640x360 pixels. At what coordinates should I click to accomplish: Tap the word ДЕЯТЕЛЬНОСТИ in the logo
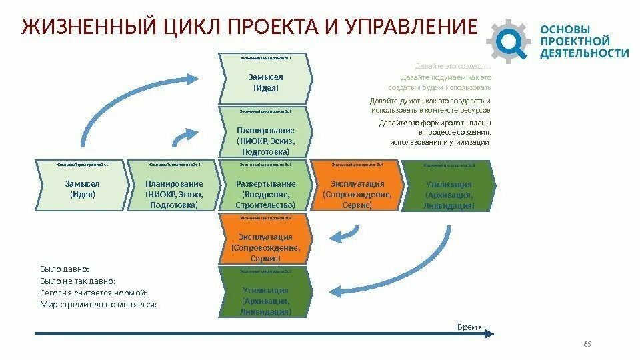coord(584,53)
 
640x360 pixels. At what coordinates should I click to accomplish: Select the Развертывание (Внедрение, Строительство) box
coord(265,194)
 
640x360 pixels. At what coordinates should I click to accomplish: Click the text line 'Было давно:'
coord(65,269)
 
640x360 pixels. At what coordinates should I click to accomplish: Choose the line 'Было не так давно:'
coord(78,281)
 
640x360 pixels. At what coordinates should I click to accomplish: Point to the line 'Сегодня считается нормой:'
coord(93,293)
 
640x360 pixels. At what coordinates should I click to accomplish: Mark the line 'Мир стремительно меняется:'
coord(97,304)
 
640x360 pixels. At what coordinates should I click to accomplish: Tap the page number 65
coord(587,344)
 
